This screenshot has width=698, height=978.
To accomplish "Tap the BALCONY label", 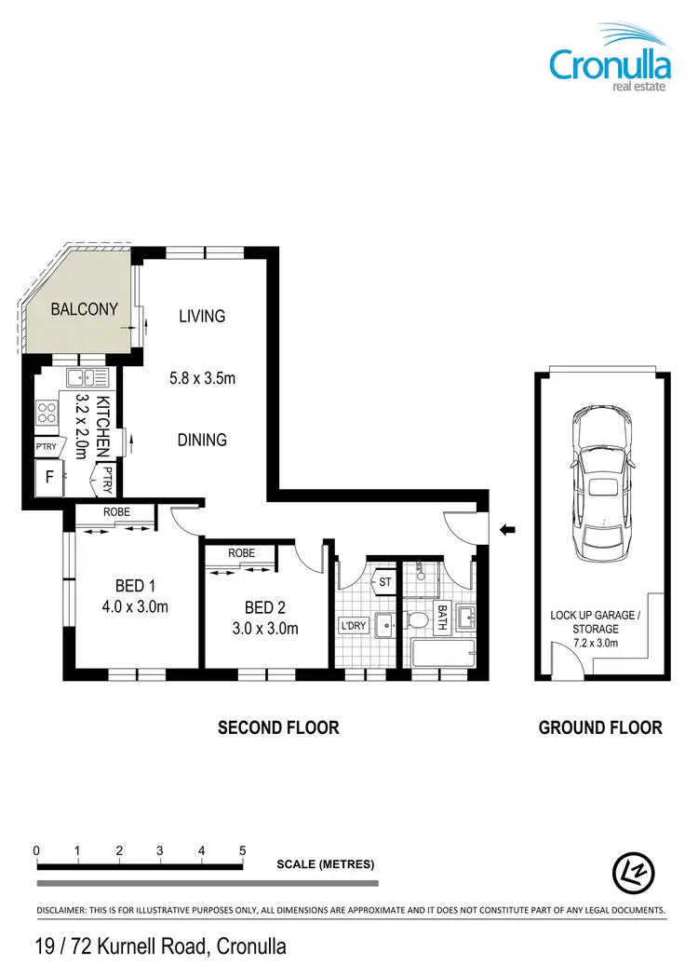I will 84,308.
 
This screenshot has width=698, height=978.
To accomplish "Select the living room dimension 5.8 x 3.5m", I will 202,378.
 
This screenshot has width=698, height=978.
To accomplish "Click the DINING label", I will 202,440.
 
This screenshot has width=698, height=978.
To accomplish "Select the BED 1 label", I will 135,586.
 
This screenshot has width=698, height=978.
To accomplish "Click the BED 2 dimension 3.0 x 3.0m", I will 265,628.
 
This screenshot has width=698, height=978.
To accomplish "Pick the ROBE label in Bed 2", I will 242,553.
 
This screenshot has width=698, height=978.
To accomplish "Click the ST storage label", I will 384,583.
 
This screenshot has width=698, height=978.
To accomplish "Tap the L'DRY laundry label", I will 354,626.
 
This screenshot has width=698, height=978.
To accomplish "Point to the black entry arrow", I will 508,530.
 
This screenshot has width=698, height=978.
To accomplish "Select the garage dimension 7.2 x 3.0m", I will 597,643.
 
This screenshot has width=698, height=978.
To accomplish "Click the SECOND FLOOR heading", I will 278,727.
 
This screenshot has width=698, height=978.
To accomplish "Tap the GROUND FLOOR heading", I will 600,727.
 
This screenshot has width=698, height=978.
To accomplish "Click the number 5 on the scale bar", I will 242,850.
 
